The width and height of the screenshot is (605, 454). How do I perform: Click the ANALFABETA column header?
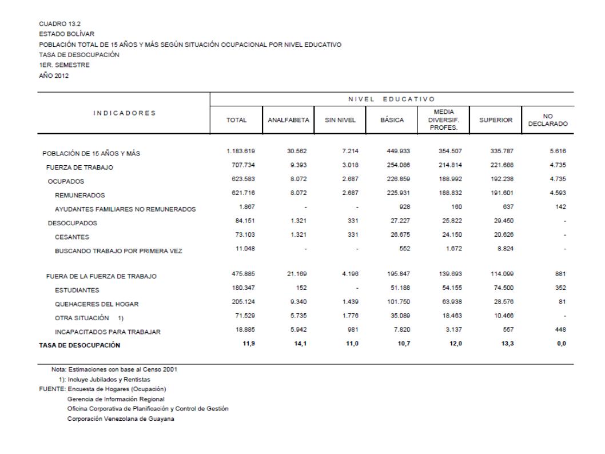(288, 121)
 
